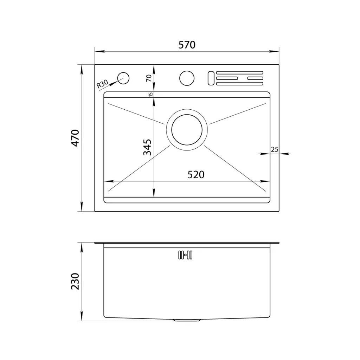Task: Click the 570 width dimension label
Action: point(187,45)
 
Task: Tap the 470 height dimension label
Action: point(75,138)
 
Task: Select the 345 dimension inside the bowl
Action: point(147,147)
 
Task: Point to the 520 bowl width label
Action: point(196,175)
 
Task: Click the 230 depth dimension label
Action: point(75,281)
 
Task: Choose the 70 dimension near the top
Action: point(149,78)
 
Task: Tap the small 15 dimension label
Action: point(150,94)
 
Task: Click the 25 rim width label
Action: point(275,149)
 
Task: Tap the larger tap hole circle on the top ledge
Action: point(187,78)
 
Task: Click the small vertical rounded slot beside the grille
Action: point(211,78)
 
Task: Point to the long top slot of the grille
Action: point(239,72)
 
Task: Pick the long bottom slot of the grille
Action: point(239,84)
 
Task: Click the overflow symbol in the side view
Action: point(185,255)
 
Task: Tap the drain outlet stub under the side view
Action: point(187,321)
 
